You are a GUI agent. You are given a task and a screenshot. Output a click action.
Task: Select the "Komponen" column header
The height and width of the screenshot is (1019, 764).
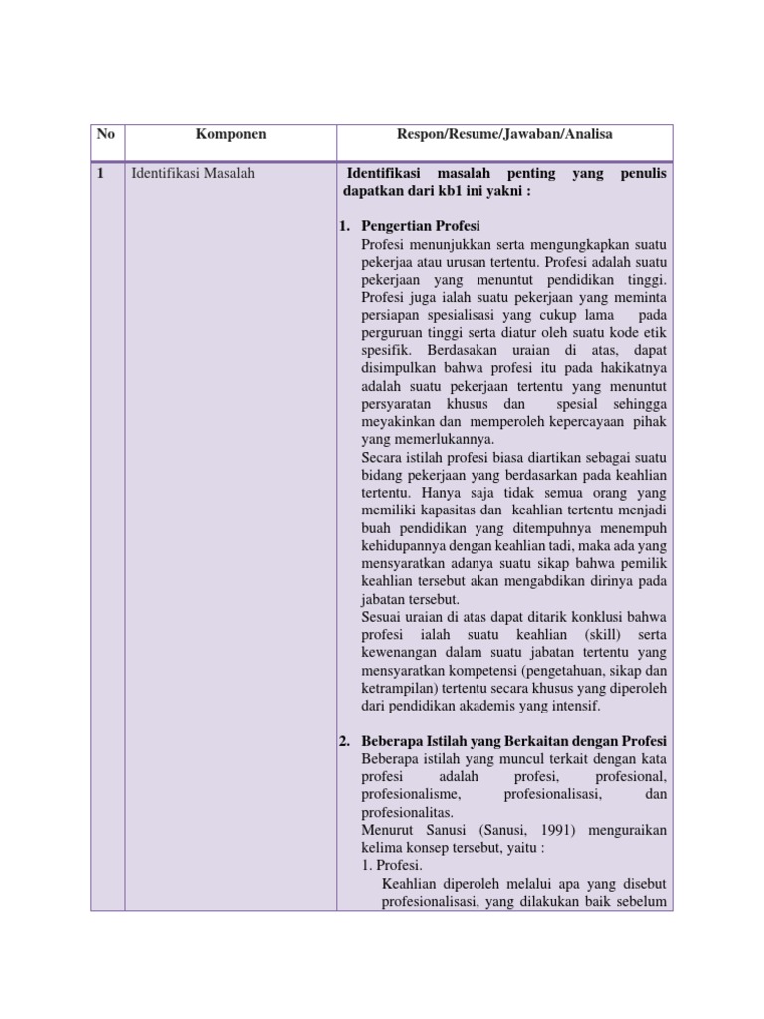[230, 134]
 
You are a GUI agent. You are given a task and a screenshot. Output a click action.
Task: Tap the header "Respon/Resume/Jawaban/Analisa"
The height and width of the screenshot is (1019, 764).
[504, 134]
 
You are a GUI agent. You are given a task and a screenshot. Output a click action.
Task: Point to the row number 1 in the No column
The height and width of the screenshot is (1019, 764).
[100, 173]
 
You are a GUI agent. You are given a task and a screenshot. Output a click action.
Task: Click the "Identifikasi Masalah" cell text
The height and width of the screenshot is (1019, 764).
[193, 173]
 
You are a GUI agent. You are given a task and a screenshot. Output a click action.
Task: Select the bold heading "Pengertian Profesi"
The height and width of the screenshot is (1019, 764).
[421, 227]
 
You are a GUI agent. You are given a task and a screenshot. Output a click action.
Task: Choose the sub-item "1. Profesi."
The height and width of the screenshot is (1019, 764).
[393, 866]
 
